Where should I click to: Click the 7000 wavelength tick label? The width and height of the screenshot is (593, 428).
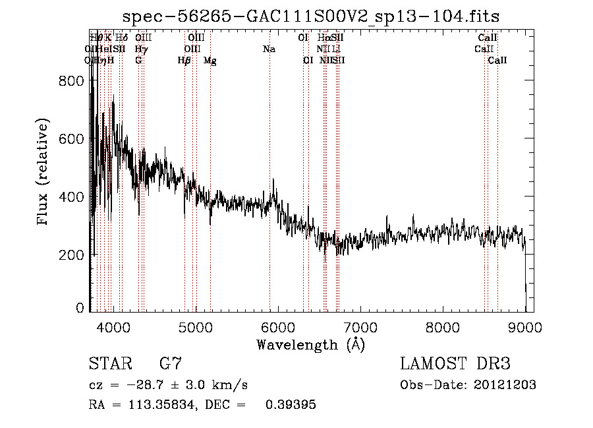[360, 327]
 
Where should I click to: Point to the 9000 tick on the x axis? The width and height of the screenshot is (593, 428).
[525, 327]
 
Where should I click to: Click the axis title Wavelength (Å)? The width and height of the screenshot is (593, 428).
[310, 344]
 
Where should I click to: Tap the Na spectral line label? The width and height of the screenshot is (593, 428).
[269, 49]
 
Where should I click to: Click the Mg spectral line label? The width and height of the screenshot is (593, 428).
[210, 61]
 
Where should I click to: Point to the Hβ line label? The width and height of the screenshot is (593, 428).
[184, 61]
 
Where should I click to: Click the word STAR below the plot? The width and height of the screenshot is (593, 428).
[109, 364]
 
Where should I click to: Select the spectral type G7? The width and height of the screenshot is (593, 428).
[171, 364]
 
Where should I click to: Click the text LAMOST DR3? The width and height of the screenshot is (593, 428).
[455, 364]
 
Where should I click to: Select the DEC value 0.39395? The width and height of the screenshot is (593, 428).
[291, 405]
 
